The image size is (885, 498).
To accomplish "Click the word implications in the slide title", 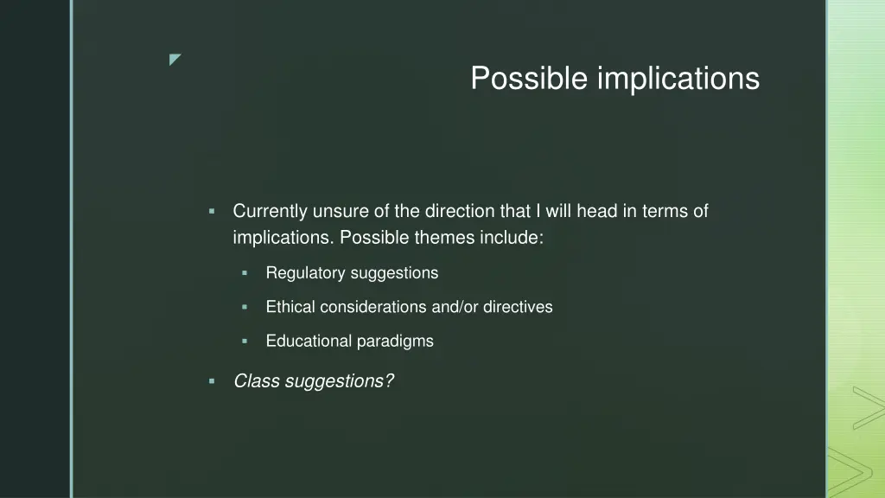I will coord(678,79).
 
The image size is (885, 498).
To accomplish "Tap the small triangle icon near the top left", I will coord(175,59).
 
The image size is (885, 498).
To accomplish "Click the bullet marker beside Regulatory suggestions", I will coord(245,273).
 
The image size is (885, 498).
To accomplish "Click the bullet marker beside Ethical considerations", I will coord(245,307).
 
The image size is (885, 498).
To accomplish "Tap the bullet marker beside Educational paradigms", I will coord(245,341).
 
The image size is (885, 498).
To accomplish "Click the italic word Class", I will coord(254,380).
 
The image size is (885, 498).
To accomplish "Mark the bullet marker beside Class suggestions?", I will coord(212,380).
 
